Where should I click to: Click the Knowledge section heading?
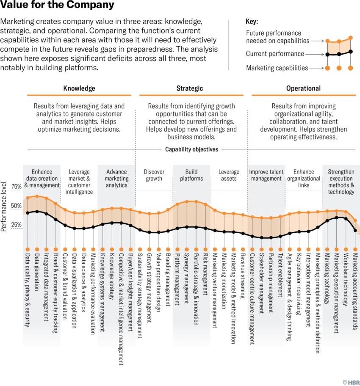(x=79, y=88)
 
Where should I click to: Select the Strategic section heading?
(x=189, y=88)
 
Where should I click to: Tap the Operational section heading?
(x=303, y=88)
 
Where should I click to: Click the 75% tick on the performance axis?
(x=16, y=187)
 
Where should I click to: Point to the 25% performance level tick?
(x=16, y=225)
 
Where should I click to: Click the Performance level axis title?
(x=4, y=206)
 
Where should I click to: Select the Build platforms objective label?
(x=191, y=175)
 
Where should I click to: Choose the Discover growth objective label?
(x=154, y=175)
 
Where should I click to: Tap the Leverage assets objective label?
(x=229, y=175)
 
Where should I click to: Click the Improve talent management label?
(x=266, y=175)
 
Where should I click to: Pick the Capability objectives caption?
(x=191, y=149)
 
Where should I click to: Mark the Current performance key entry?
(x=275, y=54)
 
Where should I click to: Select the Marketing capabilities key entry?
(x=277, y=68)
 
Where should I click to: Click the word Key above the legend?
(x=252, y=22)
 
